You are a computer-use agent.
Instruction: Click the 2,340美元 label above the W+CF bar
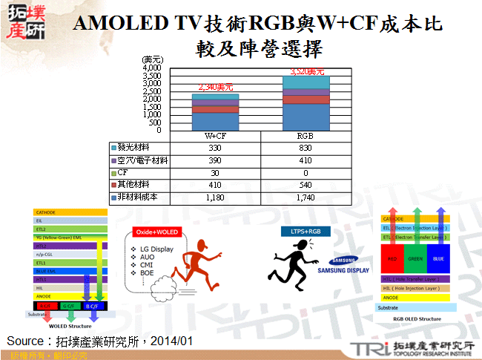(x=215, y=87)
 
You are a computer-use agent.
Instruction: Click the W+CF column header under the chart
(x=215, y=137)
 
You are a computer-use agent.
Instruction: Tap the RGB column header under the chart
(x=305, y=137)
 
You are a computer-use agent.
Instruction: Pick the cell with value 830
(x=305, y=148)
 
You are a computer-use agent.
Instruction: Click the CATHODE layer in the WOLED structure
(x=70, y=212)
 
